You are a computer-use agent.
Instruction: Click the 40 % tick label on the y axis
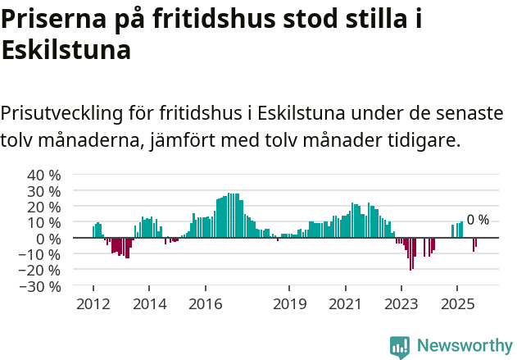[x=45, y=175]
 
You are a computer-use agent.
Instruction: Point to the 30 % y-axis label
[x=45, y=191]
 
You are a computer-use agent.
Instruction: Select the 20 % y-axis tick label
[x=45, y=207]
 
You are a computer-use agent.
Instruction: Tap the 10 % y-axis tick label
[x=45, y=222]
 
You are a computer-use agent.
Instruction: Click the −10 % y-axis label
[x=42, y=254]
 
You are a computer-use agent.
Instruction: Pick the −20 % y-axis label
[x=42, y=270]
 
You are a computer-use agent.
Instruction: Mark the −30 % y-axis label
[x=42, y=286]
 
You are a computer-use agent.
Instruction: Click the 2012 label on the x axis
[x=93, y=304]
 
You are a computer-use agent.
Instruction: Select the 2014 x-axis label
[x=149, y=304]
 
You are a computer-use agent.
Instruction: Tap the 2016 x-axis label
[x=205, y=304]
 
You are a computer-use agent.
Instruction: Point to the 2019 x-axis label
[x=289, y=304]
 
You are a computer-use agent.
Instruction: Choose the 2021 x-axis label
[x=345, y=304]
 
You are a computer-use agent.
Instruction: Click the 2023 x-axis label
[x=401, y=304]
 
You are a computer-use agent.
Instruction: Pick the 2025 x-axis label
[x=457, y=304]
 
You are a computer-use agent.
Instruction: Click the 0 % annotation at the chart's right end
[x=478, y=220]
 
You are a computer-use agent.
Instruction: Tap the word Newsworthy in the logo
[x=465, y=345]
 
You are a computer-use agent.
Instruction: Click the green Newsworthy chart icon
[x=400, y=346]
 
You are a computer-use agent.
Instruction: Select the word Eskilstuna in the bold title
[x=66, y=50]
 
